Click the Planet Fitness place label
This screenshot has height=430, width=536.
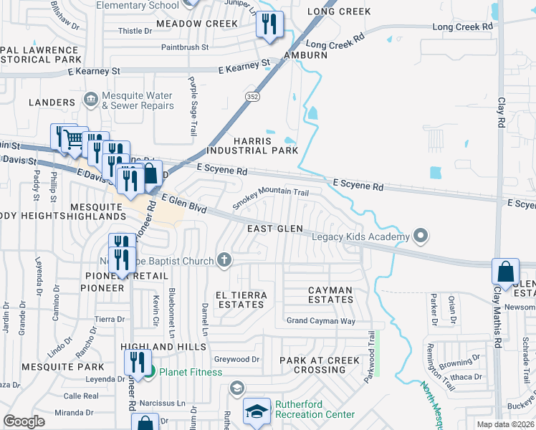click(x=190, y=372)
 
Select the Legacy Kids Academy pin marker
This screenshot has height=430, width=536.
click(x=421, y=236)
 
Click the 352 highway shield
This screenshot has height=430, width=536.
click(x=255, y=96)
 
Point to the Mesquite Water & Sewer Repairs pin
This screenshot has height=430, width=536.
click(x=90, y=98)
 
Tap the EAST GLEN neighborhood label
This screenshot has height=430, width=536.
click(x=274, y=229)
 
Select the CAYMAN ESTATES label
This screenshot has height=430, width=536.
click(x=330, y=295)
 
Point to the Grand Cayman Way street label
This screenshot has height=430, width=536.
click(x=320, y=321)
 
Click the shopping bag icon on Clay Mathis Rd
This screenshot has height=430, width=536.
click(x=505, y=272)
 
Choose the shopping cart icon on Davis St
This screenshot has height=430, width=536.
click(x=72, y=138)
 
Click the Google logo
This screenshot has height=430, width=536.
click(x=24, y=421)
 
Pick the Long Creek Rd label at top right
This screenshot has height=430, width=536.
click(x=464, y=27)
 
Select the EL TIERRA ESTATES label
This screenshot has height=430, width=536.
click(x=241, y=300)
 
